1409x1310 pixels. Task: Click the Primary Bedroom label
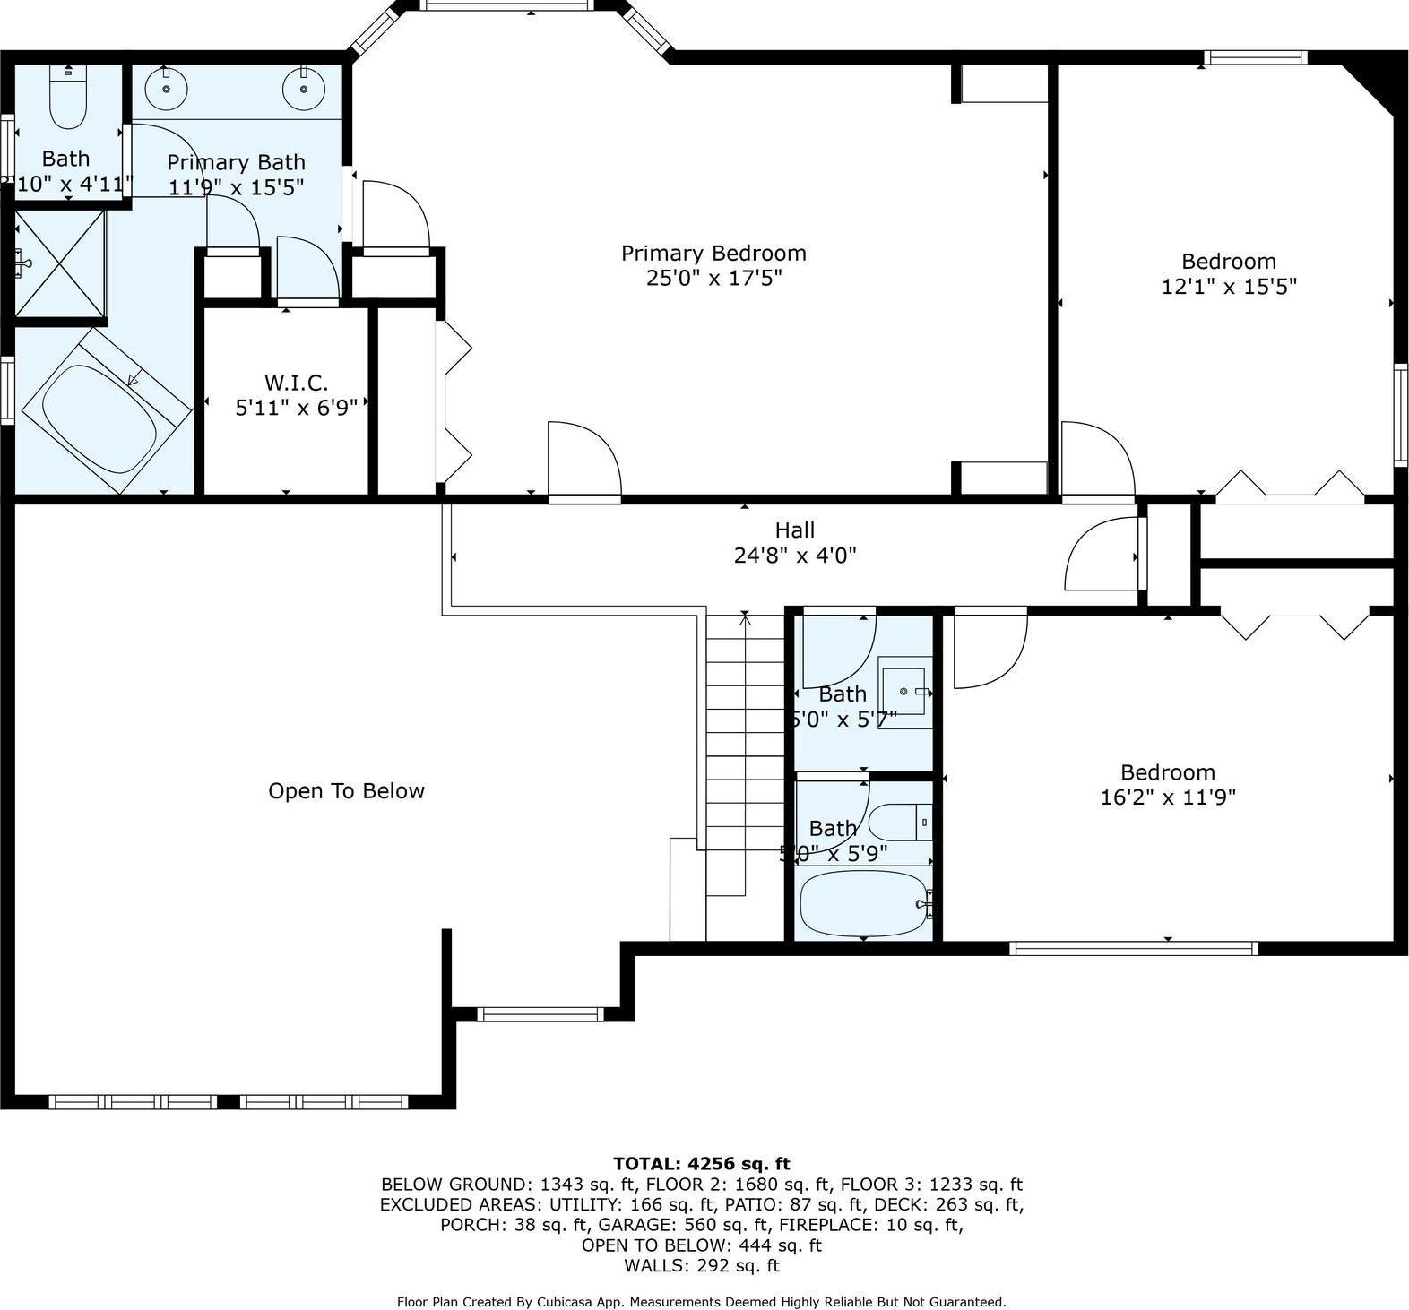713,254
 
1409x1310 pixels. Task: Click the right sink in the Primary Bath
304,89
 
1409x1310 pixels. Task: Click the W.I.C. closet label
296,384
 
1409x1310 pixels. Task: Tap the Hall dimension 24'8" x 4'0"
794,556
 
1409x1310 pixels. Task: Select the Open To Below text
346,791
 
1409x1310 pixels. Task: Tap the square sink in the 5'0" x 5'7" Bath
903,691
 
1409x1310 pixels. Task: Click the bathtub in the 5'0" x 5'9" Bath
861,903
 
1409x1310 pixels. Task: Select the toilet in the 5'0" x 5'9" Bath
900,822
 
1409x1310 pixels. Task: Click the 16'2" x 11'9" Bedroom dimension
1167,797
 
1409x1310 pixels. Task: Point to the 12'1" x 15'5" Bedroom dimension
1228,287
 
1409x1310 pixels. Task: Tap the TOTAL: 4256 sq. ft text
701,1164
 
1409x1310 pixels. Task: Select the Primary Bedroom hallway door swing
583,459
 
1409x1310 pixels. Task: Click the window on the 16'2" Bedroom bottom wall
1133,948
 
